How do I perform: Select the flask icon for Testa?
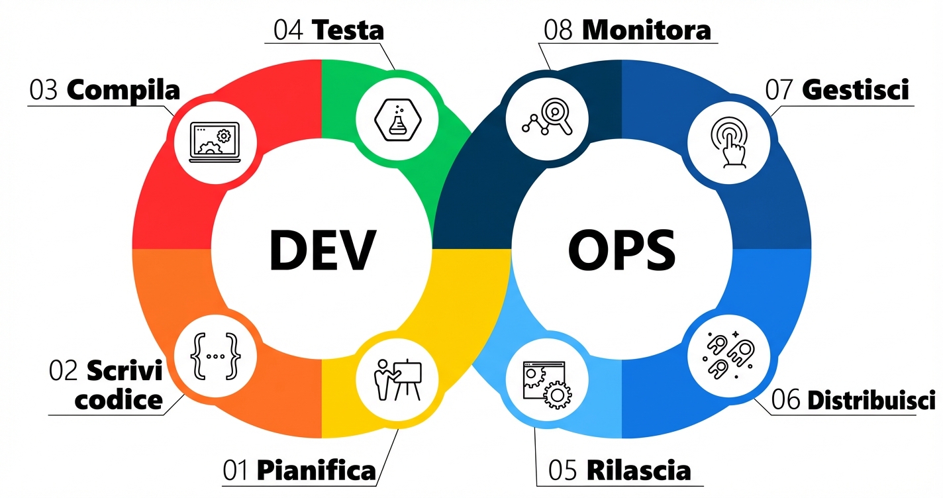(x=397, y=119)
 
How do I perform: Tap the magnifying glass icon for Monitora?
(x=547, y=119)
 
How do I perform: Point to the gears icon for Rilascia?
(x=547, y=383)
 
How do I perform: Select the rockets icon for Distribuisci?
(x=728, y=356)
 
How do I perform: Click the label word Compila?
(x=124, y=91)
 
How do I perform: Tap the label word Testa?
(x=347, y=30)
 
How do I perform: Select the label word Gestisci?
(x=855, y=91)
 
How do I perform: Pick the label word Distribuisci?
(x=872, y=401)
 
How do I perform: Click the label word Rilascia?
(x=638, y=471)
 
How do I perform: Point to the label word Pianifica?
(x=316, y=471)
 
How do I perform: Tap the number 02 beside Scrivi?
(x=64, y=370)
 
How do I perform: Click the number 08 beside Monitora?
(x=558, y=30)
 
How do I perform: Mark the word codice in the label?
(x=119, y=399)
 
